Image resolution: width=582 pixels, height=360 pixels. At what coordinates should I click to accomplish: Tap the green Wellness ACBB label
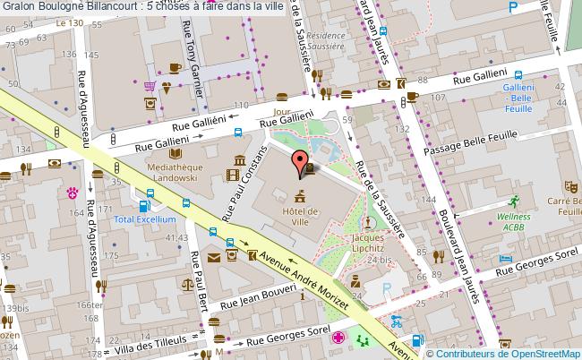[516, 221]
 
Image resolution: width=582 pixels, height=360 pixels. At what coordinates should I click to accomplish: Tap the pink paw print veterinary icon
[73, 192]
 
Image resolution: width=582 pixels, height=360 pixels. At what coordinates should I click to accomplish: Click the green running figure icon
[515, 201]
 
